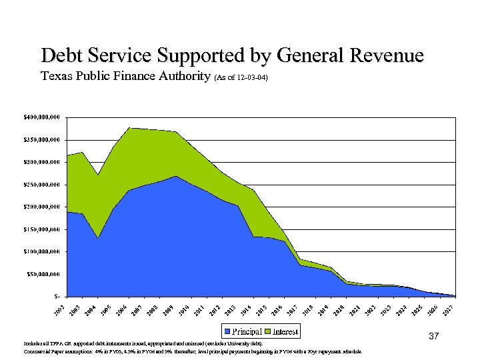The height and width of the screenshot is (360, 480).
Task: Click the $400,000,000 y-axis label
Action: pos(37,117)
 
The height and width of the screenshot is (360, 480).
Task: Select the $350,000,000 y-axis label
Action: pos(37,139)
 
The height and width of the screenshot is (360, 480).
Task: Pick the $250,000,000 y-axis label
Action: pos(37,184)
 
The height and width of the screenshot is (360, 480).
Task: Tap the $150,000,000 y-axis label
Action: pos(37,229)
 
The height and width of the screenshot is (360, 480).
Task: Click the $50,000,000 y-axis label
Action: pos(39,273)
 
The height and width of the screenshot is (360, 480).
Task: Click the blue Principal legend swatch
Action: pos(227,331)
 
